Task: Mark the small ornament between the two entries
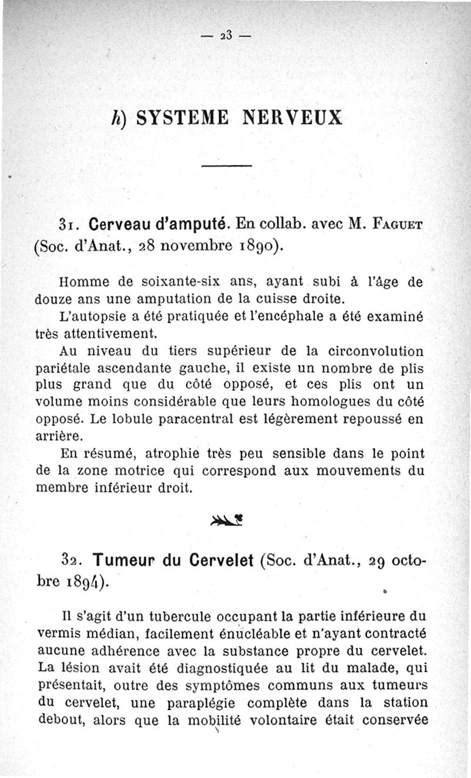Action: [227, 519]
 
